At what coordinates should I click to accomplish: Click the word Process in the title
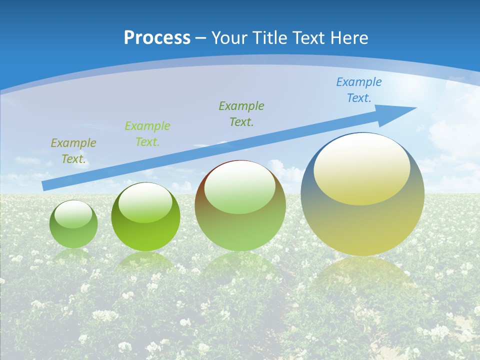coord(157,38)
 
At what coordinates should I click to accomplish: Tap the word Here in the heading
coord(349,38)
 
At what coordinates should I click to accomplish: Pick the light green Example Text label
coord(147,134)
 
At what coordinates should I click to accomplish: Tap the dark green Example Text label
coord(241,114)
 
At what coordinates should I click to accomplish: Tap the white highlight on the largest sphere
coord(361,167)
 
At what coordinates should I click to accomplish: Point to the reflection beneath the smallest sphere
coord(73,255)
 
